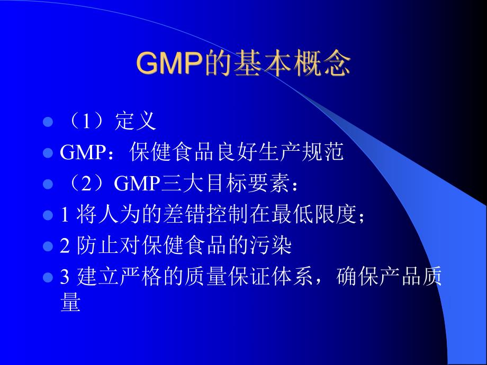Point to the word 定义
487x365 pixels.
[x=135, y=122]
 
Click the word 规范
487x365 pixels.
[x=325, y=153]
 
